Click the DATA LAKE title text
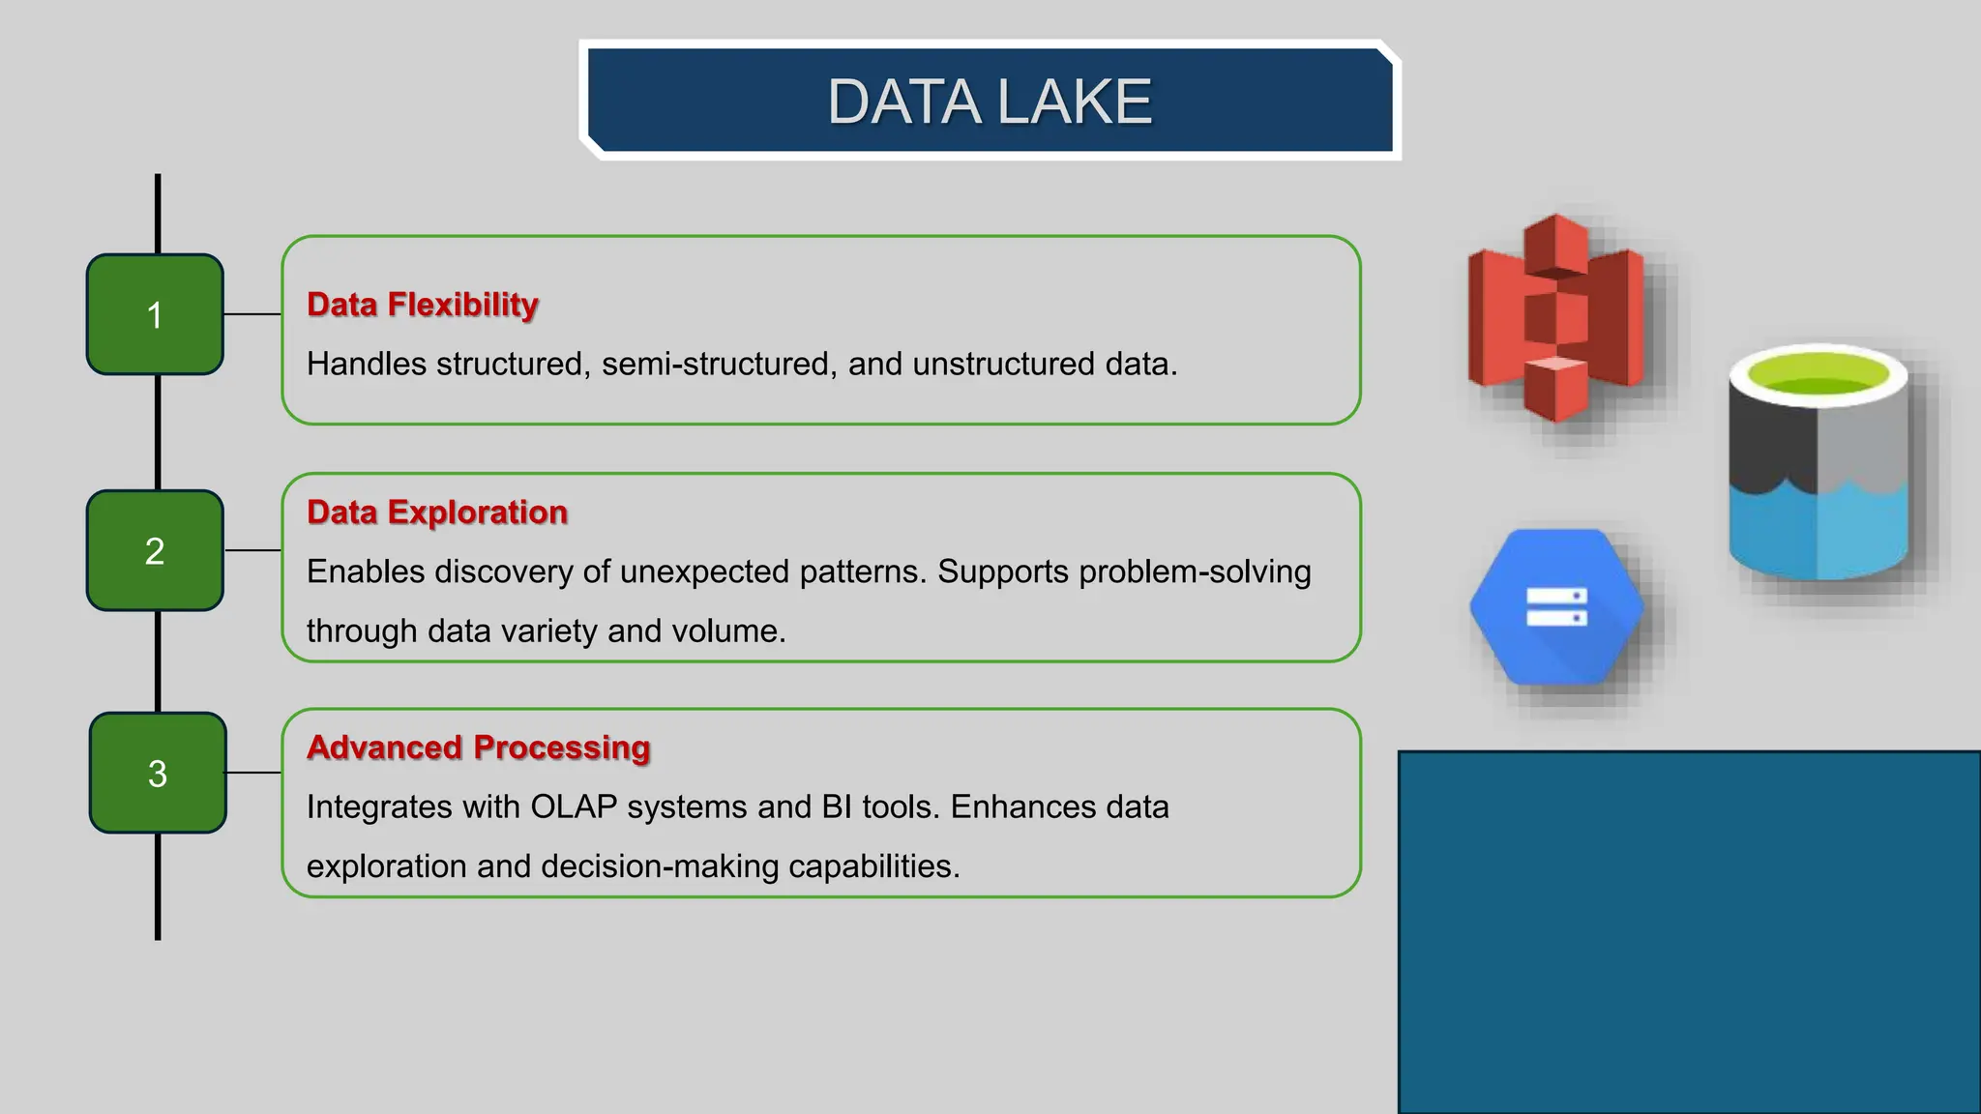[990, 102]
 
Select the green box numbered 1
[155, 314]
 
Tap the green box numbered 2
[155, 550]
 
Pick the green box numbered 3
[158, 773]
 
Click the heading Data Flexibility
[422, 305]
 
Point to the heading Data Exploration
[436, 512]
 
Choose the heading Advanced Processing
[478, 748]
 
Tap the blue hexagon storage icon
[1556, 607]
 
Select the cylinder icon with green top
[1818, 464]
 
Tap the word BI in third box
[837, 807]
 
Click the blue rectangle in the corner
[1689, 932]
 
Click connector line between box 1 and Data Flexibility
[252, 314]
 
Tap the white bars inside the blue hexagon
[1556, 606]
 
